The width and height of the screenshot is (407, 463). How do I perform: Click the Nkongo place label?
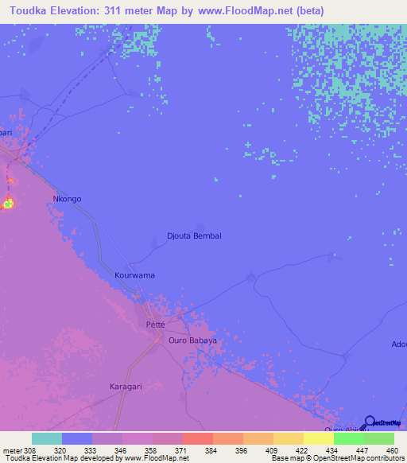[x=67, y=199]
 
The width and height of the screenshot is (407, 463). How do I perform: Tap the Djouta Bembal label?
[x=194, y=236]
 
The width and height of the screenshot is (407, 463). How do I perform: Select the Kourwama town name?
[x=134, y=275]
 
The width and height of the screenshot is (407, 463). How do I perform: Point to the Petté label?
[x=156, y=325]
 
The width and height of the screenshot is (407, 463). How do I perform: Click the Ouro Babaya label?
[x=192, y=340]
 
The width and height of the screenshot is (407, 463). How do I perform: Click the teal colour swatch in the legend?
[x=47, y=438]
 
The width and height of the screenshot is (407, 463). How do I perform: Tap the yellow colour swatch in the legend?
[x=318, y=438]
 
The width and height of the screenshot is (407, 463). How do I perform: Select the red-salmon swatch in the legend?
[x=197, y=438]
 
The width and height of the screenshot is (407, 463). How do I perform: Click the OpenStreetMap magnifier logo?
[x=370, y=422]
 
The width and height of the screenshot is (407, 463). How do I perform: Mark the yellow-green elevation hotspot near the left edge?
[x=9, y=204]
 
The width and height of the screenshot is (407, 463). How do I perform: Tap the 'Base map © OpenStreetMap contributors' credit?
[x=337, y=458]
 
